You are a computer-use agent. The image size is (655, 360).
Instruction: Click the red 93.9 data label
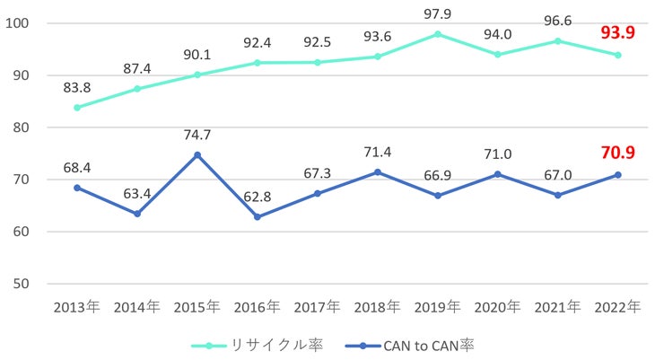coord(616,34)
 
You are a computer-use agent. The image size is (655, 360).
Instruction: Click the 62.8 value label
coord(257,196)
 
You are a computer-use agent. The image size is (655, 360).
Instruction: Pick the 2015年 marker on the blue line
coord(197,155)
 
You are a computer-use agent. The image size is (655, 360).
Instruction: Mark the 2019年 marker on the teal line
coord(437,34)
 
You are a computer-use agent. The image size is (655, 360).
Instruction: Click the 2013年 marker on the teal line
coord(77,108)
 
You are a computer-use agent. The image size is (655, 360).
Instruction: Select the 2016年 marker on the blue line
coord(257,217)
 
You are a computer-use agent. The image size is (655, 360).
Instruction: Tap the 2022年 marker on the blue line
coord(617,175)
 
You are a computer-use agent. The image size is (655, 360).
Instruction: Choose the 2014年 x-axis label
coord(137,308)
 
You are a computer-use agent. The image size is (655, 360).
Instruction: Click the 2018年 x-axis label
coord(377,308)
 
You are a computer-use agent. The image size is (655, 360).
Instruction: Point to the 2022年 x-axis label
coord(616,308)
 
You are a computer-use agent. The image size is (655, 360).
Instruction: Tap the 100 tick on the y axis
coord(18,23)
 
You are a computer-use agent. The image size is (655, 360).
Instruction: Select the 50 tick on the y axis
coord(22,284)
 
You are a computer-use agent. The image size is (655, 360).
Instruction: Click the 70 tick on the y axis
coord(22,180)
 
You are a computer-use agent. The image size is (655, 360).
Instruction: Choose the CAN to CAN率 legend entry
coord(423,344)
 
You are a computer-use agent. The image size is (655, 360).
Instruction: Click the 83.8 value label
coord(77,87)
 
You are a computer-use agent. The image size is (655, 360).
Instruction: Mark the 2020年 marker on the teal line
coord(497,55)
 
